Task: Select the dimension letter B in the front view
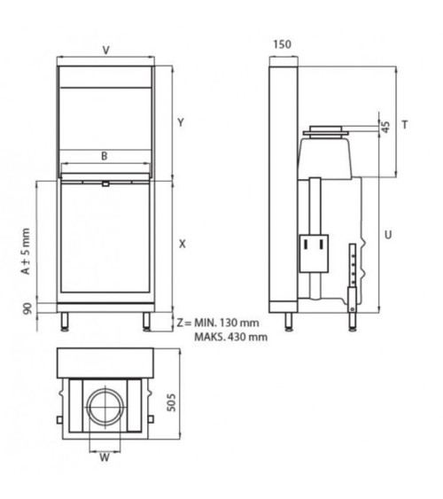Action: (x=104, y=156)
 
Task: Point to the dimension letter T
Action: (x=405, y=125)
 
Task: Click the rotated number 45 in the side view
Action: (x=385, y=126)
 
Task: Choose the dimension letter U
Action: (x=389, y=234)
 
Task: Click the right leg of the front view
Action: (x=144, y=319)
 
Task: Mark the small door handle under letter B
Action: (x=105, y=184)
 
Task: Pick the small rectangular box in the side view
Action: (x=312, y=252)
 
